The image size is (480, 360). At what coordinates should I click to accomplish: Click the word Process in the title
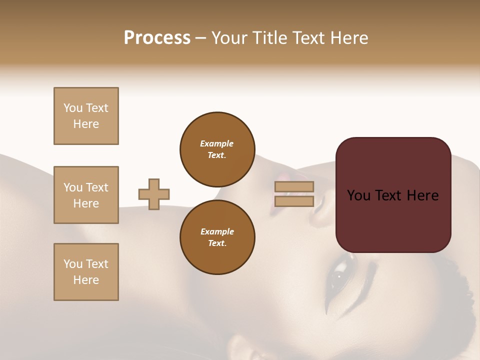pyautogui.click(x=157, y=38)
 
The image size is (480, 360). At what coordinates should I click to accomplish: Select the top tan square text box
pyautogui.click(x=86, y=116)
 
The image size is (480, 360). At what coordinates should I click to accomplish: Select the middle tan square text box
pyautogui.click(x=86, y=195)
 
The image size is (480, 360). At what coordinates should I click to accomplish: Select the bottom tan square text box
pyautogui.click(x=86, y=272)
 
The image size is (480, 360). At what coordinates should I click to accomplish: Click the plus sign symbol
pyautogui.click(x=154, y=194)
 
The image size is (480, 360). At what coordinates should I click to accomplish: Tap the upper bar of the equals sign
pyautogui.click(x=294, y=186)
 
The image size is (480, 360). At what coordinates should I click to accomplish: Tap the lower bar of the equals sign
pyautogui.click(x=294, y=201)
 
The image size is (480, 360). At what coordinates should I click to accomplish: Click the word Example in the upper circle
pyautogui.click(x=217, y=143)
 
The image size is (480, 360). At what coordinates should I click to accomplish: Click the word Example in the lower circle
pyautogui.click(x=217, y=231)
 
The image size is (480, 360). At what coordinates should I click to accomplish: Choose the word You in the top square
pyautogui.click(x=73, y=108)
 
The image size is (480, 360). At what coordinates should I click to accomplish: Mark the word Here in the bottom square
pyautogui.click(x=86, y=280)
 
